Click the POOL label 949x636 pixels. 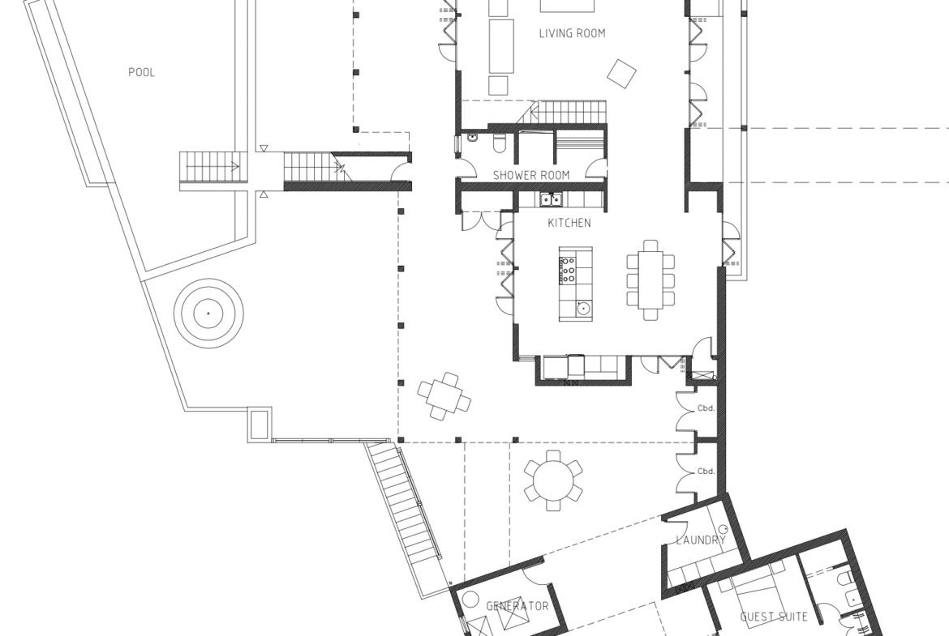coord(142,73)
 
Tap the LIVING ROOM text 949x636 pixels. coord(572,33)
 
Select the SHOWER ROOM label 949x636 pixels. coord(530,175)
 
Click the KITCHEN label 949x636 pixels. coord(569,223)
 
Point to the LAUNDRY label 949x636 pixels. coord(700,540)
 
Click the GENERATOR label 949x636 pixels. coord(517,606)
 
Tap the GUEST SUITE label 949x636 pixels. coord(774,617)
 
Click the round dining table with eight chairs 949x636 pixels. coord(553,480)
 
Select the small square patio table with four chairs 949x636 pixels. coord(444,396)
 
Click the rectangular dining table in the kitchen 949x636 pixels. coord(650,280)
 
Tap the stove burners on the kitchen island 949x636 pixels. coord(568,270)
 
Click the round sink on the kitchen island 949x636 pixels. coord(583,309)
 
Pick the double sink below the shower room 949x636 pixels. coord(551,198)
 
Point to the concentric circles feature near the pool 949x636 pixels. coord(208,314)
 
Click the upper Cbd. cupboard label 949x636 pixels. coord(706,408)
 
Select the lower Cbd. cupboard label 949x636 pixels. coord(706,472)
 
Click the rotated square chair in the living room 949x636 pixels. coord(622,74)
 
